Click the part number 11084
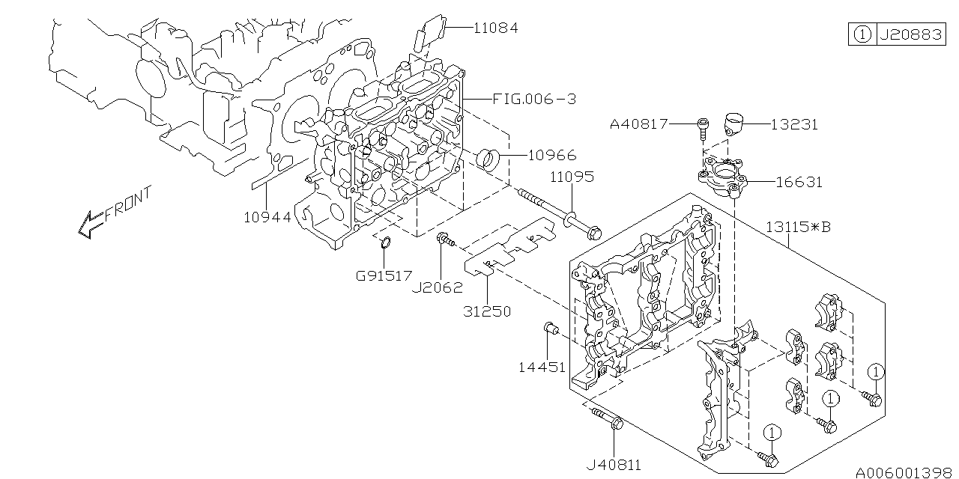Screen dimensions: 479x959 [495, 28]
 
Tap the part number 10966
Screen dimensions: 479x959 [552, 156]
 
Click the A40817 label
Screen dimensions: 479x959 [638, 124]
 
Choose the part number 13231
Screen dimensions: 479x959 [793, 125]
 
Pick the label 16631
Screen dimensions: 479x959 [798, 182]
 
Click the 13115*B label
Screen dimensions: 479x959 [798, 227]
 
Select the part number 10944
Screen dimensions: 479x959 [267, 217]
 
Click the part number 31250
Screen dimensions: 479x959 [487, 311]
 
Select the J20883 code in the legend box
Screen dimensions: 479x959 [911, 35]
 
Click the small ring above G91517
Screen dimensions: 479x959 [385, 242]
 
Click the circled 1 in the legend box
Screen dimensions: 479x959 [862, 35]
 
